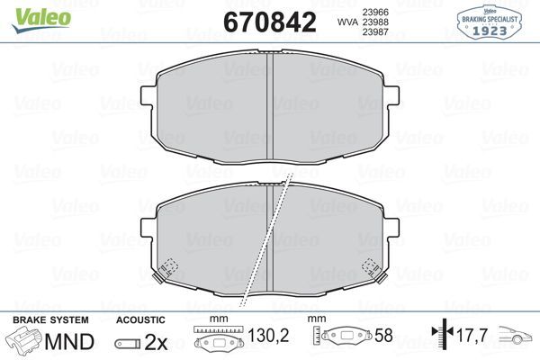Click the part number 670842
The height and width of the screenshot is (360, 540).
coord(270,22)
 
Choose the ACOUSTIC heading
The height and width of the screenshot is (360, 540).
coord(140,319)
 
